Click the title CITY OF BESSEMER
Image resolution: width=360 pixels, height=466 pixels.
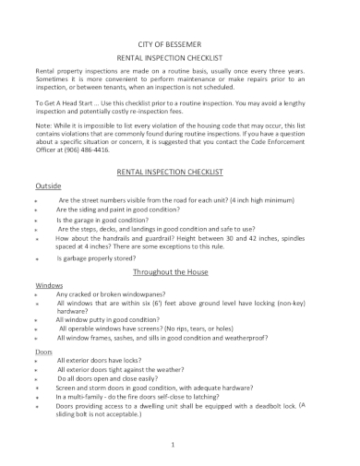click(180, 43)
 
